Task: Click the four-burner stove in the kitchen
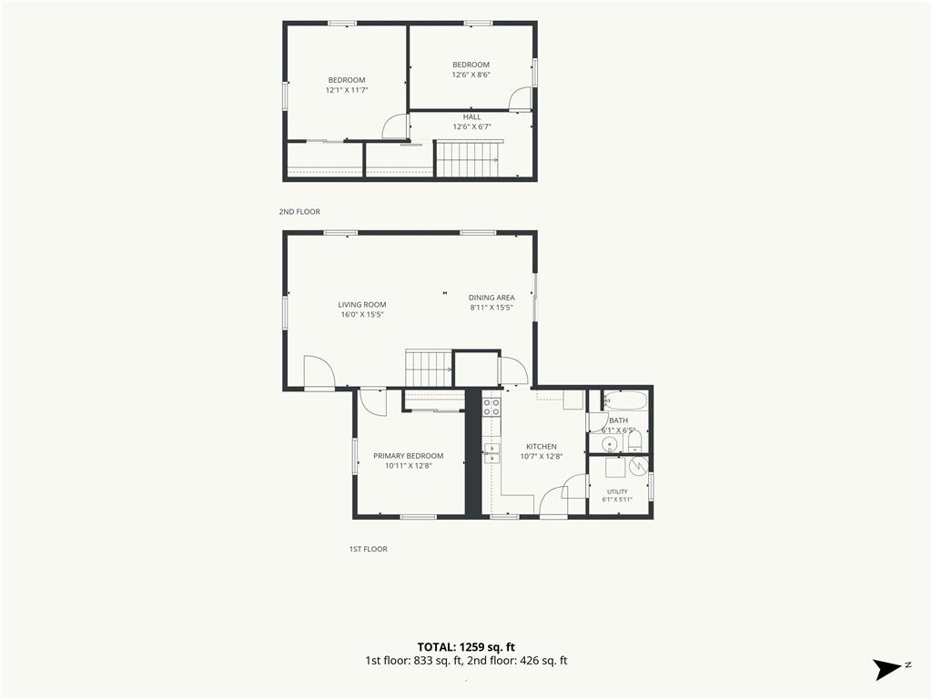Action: coord(491,407)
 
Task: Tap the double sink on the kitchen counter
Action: coord(491,452)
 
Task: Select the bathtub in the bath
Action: coord(624,400)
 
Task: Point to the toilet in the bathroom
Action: coord(634,441)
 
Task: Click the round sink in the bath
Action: coord(610,443)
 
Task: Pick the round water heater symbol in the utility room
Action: coord(638,466)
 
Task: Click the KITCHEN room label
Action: coord(542,446)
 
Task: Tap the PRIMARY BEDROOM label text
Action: coord(409,456)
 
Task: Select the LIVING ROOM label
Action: coord(362,305)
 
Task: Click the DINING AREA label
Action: coord(491,298)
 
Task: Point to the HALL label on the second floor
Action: coord(472,117)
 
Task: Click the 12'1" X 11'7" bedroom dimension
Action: coord(347,90)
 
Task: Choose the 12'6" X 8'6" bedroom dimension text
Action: coord(471,75)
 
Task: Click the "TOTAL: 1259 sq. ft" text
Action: coord(466,647)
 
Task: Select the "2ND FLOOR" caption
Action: coord(299,211)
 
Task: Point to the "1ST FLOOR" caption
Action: coord(368,549)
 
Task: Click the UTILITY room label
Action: coord(617,491)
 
